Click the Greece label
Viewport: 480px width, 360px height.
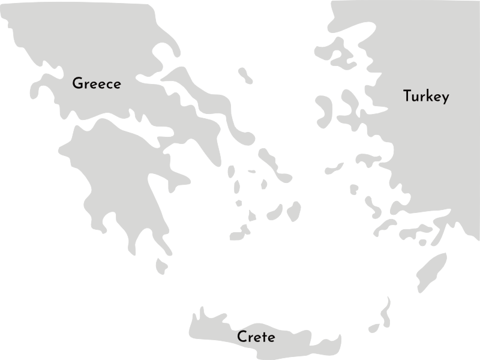tap(96, 84)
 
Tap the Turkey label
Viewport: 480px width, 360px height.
tap(426, 97)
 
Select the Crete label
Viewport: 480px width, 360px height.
tap(256, 337)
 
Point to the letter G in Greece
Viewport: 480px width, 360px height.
tap(77, 84)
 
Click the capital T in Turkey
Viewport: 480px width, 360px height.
tap(407, 95)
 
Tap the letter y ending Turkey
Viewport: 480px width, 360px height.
tap(444, 98)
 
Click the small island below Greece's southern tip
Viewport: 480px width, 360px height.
tap(161, 266)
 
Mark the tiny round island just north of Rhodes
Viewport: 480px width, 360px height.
tap(422, 242)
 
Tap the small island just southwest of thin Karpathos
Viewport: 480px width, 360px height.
tap(374, 328)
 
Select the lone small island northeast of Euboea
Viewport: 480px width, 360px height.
tap(245, 76)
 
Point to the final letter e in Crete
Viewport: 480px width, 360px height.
tap(271, 338)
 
